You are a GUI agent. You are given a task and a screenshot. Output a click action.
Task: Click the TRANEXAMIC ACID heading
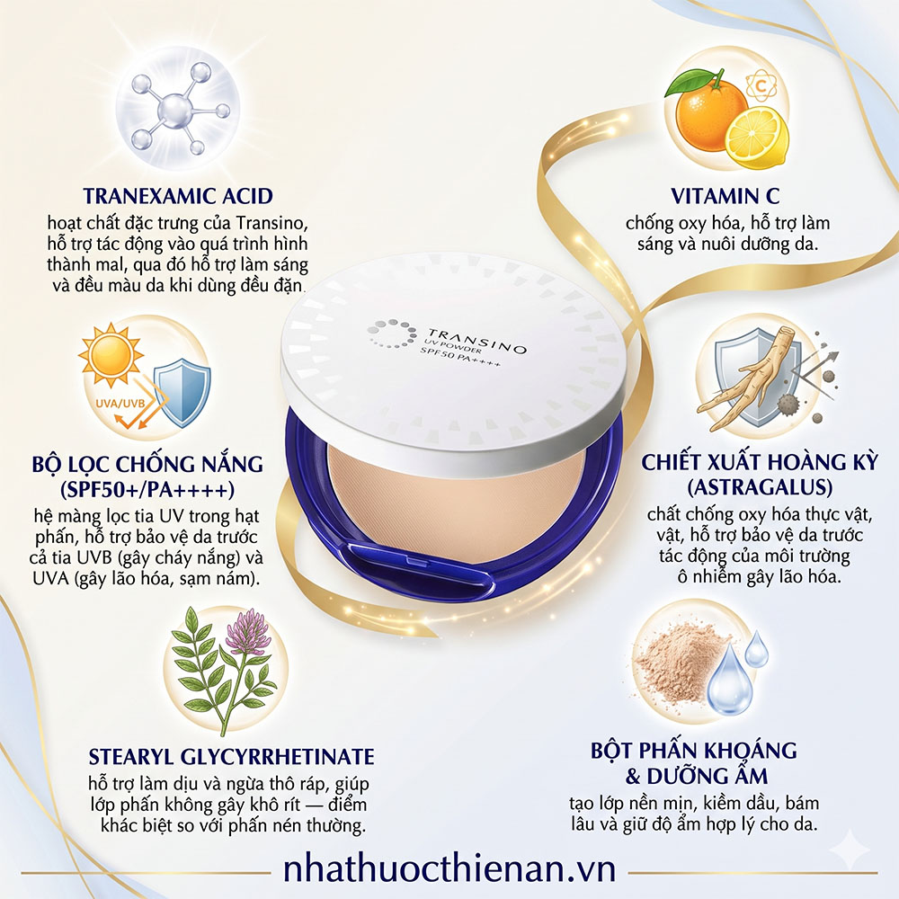coord(178,196)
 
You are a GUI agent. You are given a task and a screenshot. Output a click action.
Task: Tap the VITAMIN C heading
coord(725,196)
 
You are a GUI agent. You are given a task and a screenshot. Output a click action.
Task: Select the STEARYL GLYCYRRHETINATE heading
coord(231,757)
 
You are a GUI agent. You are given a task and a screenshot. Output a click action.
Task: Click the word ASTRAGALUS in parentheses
coord(760,487)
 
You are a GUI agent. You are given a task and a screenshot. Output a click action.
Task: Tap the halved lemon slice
coord(757,138)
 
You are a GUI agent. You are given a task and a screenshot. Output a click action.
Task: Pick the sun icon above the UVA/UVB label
coord(111,354)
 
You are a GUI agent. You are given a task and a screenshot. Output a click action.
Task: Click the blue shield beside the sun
coord(182,393)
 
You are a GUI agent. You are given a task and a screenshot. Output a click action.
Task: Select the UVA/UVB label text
coord(120,403)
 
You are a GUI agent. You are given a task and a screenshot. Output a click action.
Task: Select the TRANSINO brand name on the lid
coord(477,340)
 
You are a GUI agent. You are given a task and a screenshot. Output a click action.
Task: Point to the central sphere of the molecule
coord(175,109)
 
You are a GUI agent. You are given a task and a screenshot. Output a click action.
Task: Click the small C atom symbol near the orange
coord(761,86)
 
